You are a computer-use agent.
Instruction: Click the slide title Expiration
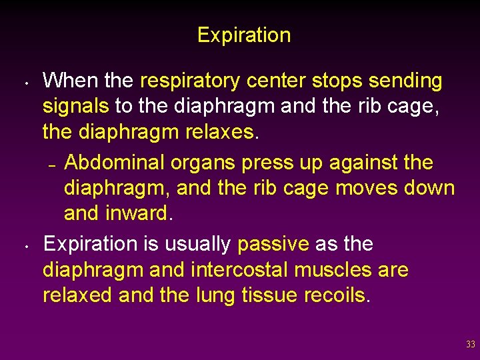click(x=244, y=35)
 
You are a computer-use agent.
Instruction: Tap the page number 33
click(x=471, y=345)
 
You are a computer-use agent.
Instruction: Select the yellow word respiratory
click(x=191, y=81)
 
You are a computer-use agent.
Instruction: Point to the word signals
click(x=76, y=106)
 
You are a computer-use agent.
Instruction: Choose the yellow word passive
click(x=273, y=244)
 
